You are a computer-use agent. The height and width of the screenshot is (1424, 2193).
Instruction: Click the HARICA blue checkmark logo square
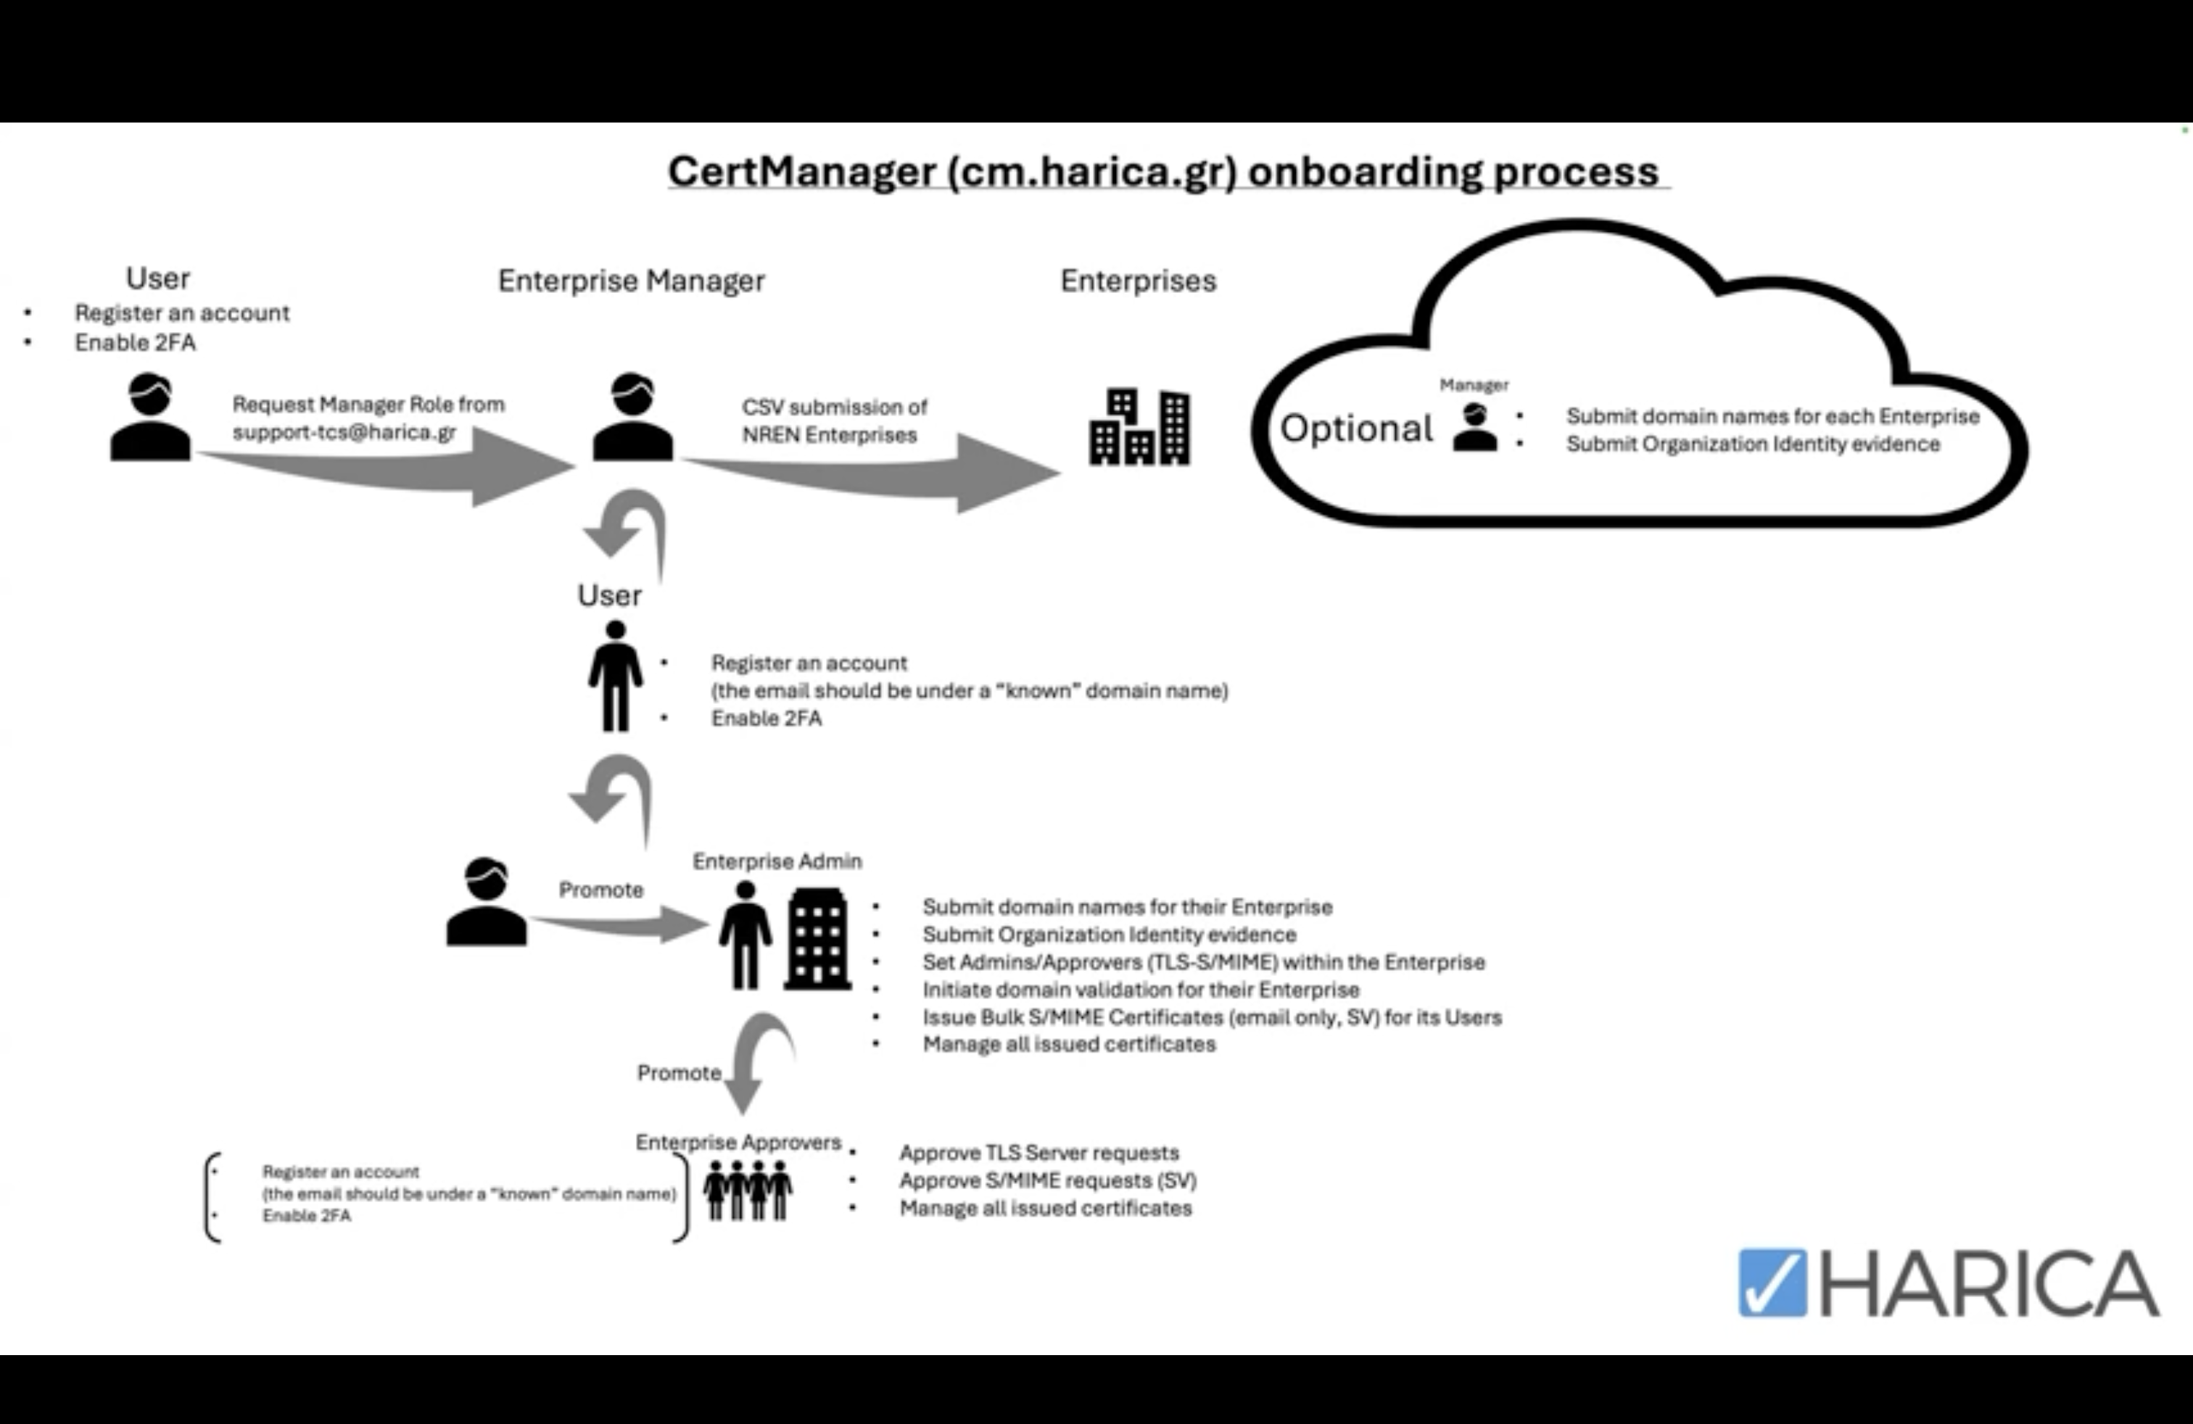click(x=1771, y=1282)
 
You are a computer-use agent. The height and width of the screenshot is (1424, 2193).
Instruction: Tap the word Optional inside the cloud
click(x=1355, y=429)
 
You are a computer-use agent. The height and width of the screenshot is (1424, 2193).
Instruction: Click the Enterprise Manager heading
click(x=631, y=281)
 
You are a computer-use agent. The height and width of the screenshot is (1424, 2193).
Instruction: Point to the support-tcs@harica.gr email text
click(x=344, y=432)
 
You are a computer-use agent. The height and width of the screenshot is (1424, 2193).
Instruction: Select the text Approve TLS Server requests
click(x=1038, y=1154)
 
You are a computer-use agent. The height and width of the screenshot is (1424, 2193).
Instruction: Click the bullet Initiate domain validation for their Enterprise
click(x=1141, y=990)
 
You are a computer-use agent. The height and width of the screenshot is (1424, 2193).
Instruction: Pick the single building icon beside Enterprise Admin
click(x=817, y=940)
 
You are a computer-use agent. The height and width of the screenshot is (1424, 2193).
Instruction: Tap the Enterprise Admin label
click(x=777, y=861)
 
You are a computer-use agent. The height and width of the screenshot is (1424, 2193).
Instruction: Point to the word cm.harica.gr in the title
click(x=1092, y=173)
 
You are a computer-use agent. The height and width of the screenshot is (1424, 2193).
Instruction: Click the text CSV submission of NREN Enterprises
click(x=833, y=421)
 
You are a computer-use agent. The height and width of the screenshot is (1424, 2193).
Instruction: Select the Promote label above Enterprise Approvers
click(x=679, y=1073)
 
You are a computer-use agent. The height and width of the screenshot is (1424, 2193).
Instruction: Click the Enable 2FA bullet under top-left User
click(x=136, y=343)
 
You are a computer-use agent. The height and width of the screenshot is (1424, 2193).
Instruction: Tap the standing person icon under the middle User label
click(x=616, y=677)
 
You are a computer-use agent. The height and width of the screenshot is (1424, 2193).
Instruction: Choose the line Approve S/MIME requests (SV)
click(x=1048, y=1181)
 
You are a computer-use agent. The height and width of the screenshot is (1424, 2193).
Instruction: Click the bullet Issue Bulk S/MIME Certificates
click(x=1212, y=1018)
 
